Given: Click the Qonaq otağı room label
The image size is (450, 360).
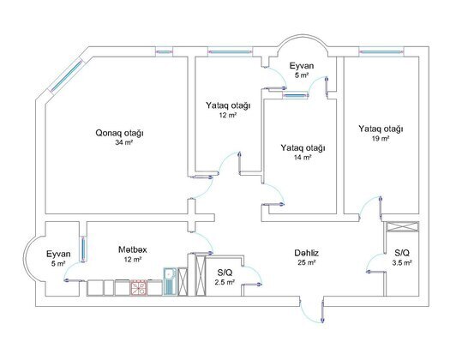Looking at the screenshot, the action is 119,133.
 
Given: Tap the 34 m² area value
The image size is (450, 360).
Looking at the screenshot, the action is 123,142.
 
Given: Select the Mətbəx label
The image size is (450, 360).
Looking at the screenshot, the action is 132,249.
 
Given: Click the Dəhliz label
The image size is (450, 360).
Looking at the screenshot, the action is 307,253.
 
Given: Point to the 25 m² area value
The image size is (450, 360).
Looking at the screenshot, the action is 307,262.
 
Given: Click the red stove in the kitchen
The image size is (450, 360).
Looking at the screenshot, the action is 139,288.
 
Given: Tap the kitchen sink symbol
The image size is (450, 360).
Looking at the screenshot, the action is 170,281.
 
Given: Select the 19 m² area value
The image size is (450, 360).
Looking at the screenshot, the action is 381,138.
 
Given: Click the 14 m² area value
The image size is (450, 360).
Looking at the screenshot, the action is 303,158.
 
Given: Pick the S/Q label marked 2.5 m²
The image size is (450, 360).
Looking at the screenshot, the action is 225,273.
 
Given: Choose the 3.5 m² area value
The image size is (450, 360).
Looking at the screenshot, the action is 402,262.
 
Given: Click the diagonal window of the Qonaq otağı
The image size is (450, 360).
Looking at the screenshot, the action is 67,75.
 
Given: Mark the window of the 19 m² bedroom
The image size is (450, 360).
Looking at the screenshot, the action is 381,52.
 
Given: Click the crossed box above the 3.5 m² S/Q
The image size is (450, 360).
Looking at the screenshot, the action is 403,226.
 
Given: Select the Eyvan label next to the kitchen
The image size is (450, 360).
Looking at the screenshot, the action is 58,254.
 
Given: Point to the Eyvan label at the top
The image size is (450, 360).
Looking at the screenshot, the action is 302,66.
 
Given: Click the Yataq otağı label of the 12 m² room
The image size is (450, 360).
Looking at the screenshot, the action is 228,105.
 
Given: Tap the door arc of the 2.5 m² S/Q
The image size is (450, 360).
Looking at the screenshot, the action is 255,273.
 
